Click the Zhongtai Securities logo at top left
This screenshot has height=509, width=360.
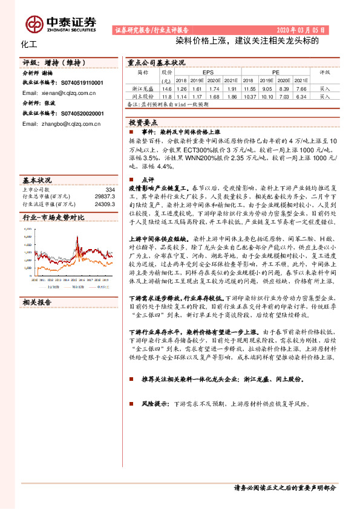tap(61, 23)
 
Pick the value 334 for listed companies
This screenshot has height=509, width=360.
tap(110, 190)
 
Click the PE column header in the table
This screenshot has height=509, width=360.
tap(275, 71)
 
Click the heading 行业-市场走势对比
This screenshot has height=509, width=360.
tap(53, 217)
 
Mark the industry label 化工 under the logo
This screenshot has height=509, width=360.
tap(29, 45)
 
